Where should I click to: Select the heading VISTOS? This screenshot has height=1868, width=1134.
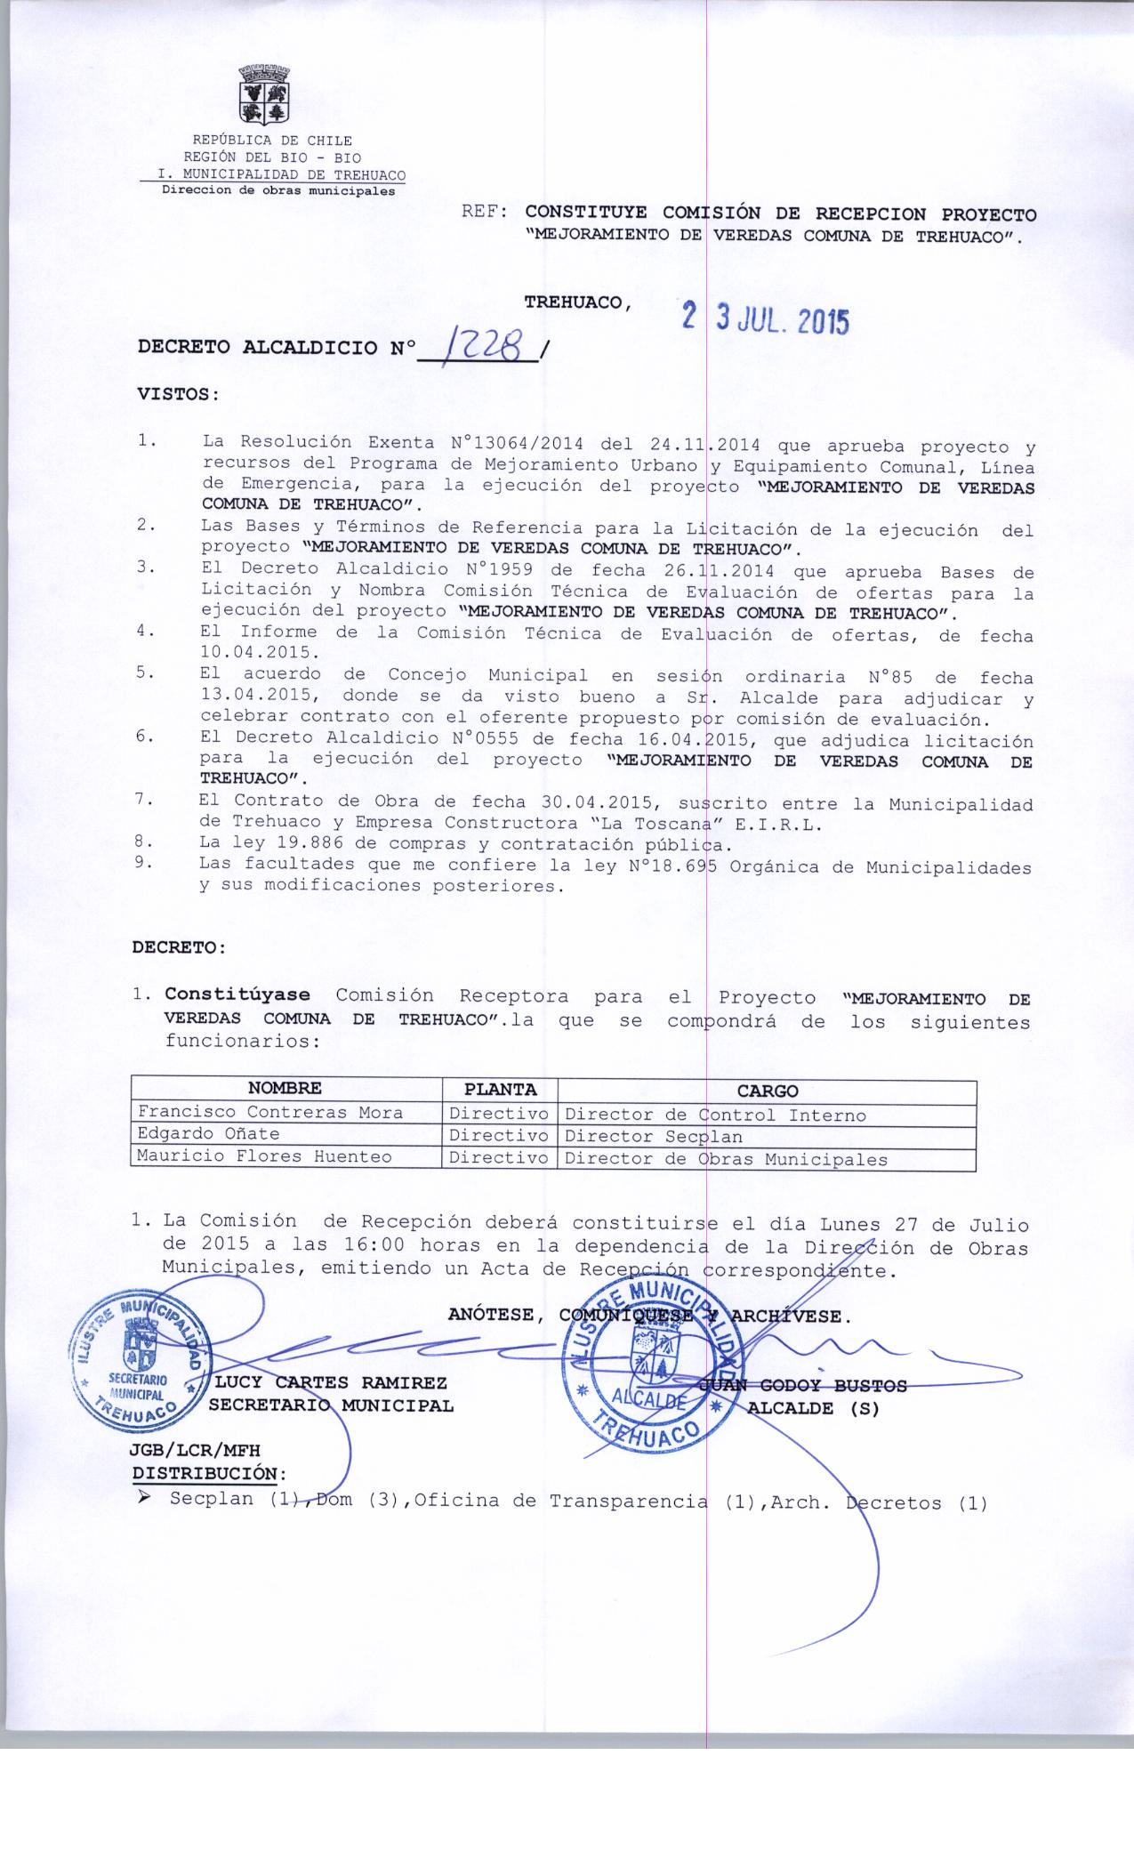(x=178, y=393)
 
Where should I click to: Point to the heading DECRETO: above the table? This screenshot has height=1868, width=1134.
(x=179, y=947)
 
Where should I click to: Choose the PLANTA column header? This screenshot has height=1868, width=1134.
(x=500, y=1089)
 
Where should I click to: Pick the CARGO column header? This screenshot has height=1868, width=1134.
(x=767, y=1091)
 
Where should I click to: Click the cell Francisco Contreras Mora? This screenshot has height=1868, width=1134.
(x=269, y=1112)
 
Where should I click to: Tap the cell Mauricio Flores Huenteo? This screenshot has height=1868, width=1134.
(x=264, y=1156)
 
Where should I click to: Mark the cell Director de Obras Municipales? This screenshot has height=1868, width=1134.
(x=726, y=1159)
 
